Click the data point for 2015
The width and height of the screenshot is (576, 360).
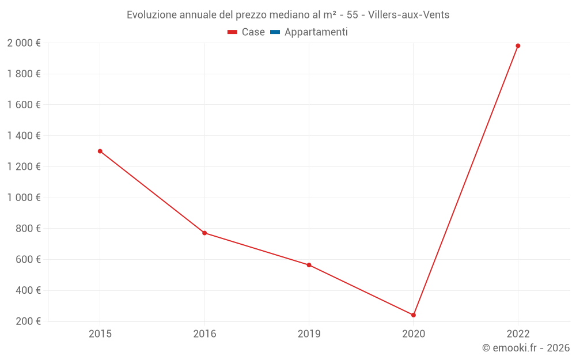pyautogui.click(x=100, y=151)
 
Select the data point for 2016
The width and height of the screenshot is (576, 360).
pyautogui.click(x=204, y=233)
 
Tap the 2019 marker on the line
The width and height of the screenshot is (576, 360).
pyautogui.click(x=309, y=265)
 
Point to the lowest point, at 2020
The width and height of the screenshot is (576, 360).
pyautogui.click(x=414, y=315)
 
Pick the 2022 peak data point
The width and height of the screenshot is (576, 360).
pyautogui.click(x=518, y=46)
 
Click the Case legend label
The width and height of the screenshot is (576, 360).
pyautogui.click(x=253, y=32)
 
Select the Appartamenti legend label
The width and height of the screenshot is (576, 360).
pyautogui.click(x=316, y=32)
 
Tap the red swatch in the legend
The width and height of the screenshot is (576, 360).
pyautogui.click(x=233, y=32)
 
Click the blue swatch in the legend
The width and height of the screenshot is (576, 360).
pyautogui.click(x=275, y=32)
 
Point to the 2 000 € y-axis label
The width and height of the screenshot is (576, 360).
pyautogui.click(x=24, y=43)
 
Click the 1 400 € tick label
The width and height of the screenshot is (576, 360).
pyautogui.click(x=24, y=136)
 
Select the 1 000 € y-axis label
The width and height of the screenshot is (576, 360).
pyautogui.click(x=24, y=198)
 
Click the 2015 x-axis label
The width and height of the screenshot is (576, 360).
pyautogui.click(x=100, y=334)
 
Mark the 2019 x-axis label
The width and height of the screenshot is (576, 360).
pyautogui.click(x=309, y=334)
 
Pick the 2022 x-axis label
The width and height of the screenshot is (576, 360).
pyautogui.click(x=518, y=334)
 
